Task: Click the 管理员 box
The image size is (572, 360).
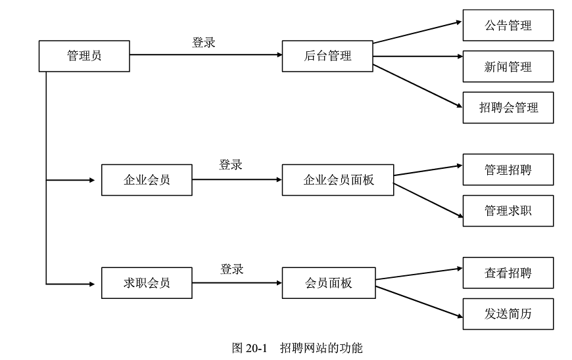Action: coord(84,56)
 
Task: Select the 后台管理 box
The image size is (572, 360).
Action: coord(327,56)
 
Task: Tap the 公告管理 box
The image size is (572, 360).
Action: coord(508,26)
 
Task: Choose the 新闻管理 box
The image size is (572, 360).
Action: coord(508,66)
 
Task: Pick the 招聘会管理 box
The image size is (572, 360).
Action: coord(508,108)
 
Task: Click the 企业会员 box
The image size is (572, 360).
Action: coord(147,180)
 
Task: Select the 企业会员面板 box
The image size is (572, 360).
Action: coord(338,180)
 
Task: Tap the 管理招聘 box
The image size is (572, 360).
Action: coord(508,169)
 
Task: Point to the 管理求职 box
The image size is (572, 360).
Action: coord(508,211)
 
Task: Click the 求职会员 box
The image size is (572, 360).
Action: coord(147,283)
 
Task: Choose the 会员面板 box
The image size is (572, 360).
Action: coord(329,283)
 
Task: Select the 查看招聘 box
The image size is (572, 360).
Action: coord(508,273)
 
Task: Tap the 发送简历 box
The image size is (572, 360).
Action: coord(508,314)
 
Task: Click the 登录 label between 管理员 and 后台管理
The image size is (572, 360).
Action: coord(203,43)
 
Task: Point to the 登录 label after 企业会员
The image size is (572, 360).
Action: coord(230,165)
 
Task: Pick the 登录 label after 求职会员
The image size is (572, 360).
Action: coord(231,269)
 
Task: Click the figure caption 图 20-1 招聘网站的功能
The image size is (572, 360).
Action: coord(297,348)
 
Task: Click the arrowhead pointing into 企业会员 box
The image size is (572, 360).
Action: coord(92,180)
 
